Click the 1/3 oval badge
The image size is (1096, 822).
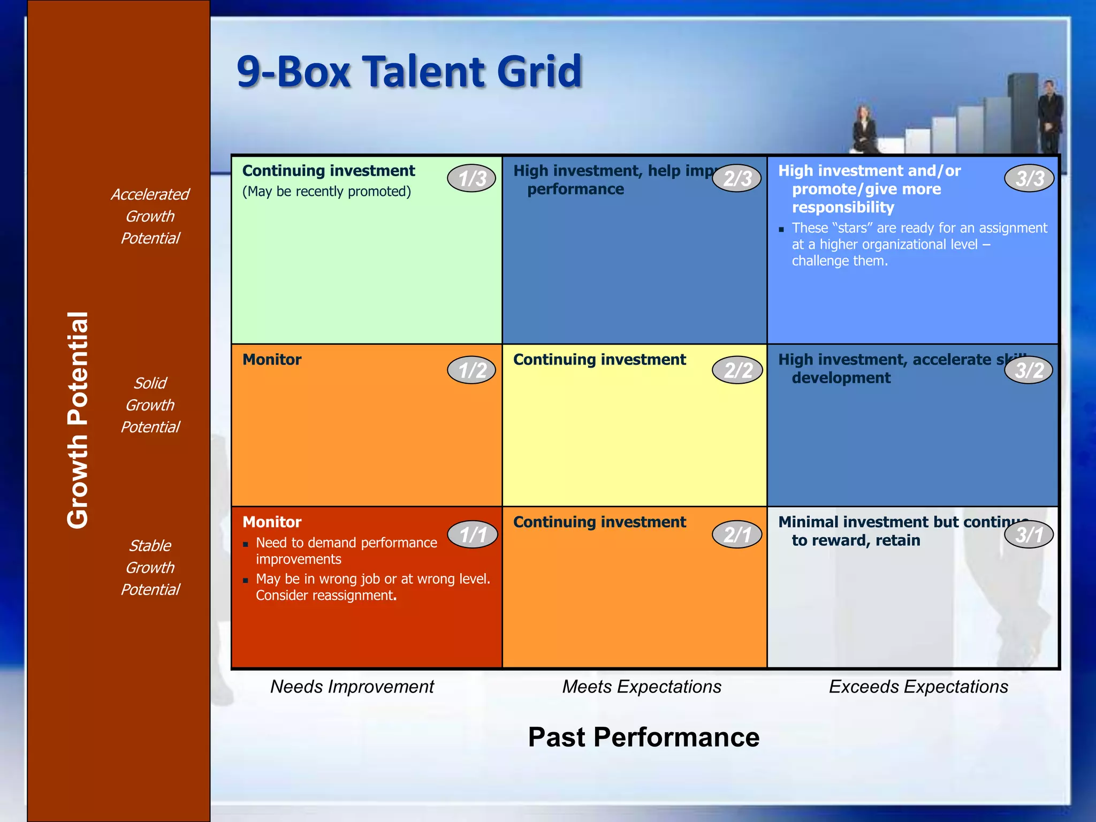(471, 178)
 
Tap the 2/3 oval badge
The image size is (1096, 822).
(737, 178)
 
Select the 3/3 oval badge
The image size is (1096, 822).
(1029, 178)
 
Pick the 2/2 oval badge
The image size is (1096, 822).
(737, 370)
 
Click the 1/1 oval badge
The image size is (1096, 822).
(473, 534)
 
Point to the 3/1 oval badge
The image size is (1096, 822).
(1029, 534)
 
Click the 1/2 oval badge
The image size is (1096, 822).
(471, 370)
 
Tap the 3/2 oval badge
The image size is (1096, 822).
(1029, 370)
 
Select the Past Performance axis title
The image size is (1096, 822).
(643, 737)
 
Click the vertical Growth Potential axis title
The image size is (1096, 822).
(78, 420)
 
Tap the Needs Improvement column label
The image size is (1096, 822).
(352, 687)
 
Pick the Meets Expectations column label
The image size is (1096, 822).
(641, 687)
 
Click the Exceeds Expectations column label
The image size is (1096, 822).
(918, 687)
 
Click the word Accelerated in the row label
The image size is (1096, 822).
(150, 194)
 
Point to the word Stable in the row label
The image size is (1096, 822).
(150, 546)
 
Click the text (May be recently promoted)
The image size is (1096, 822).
(326, 192)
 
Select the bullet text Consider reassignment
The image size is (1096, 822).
(326, 596)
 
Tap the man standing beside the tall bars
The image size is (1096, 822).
(1050, 115)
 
